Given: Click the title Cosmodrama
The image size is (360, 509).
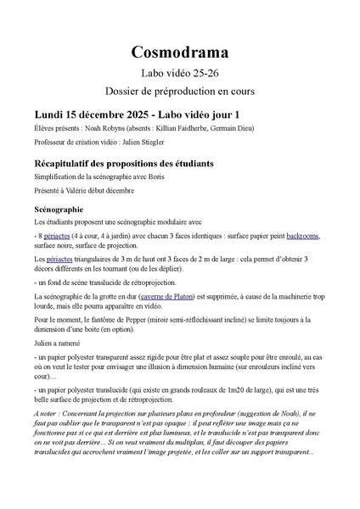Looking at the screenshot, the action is (179, 53).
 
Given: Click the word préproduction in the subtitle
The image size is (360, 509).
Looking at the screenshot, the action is (196, 92).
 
